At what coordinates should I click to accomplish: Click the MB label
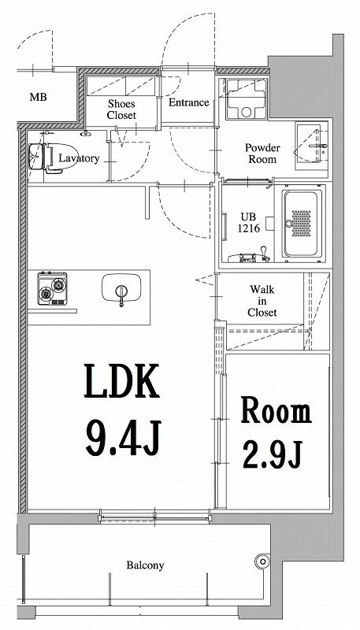37,98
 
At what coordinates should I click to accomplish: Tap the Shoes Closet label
122,109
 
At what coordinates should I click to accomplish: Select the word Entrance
188,102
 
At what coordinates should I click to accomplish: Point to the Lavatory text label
80,158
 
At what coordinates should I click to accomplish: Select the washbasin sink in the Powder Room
310,146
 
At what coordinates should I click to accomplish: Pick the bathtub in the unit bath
302,223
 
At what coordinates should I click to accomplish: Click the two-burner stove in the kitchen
52,289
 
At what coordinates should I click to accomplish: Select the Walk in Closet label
262,301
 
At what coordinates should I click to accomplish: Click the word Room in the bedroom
276,410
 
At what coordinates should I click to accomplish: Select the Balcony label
145,565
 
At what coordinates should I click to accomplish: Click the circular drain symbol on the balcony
262,561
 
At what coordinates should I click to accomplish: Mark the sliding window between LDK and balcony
154,517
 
